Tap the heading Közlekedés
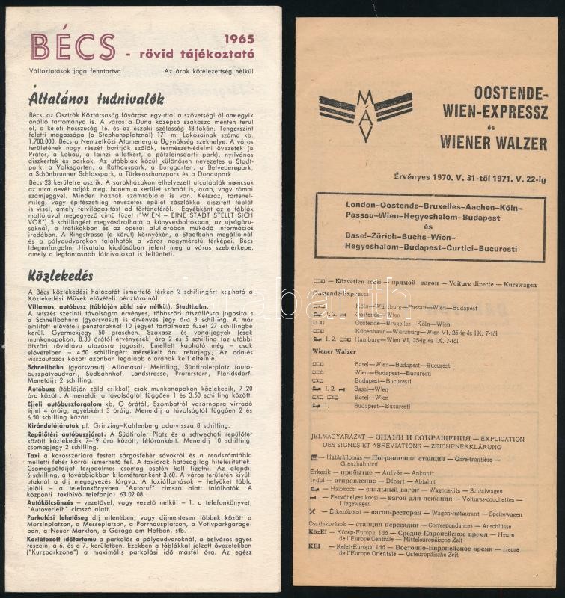point(61,275)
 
